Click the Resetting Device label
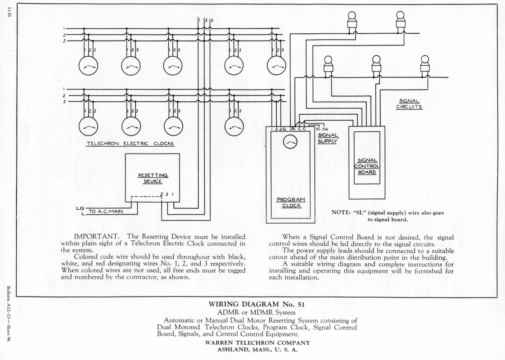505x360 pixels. coord(153,178)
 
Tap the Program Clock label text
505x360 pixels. coord(291,202)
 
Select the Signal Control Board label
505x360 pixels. coord(367,166)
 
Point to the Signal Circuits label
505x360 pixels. coord(409,104)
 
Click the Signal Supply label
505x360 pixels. coord(328,138)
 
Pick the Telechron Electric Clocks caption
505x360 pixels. coord(130,144)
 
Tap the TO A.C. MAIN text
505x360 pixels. coord(106,211)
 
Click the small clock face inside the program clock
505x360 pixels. coord(290,141)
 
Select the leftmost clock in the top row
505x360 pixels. coord(88,66)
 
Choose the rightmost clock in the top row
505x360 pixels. coord(276,66)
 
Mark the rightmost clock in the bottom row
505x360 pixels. coord(234,126)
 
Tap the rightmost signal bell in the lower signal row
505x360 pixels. coord(425,66)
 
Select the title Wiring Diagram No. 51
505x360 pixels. coord(257,304)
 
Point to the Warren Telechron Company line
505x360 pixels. coord(257,343)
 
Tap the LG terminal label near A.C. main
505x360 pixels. coord(80,208)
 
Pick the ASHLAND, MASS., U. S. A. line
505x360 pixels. coord(257,349)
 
